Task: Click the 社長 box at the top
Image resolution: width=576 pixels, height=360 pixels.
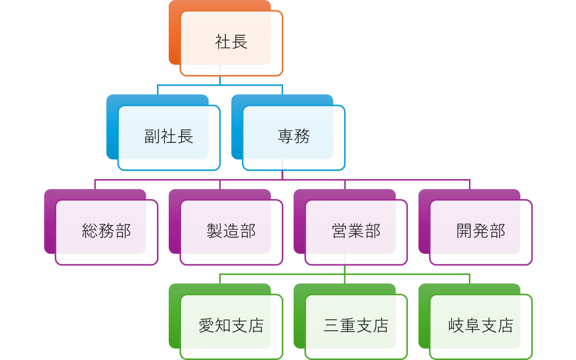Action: pos(231,43)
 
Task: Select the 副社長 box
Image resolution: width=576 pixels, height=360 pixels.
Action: pos(169,137)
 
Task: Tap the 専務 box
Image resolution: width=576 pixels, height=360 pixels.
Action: pos(294,137)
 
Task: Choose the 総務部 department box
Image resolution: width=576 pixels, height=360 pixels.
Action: pos(106,232)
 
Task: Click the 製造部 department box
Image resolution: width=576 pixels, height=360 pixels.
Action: pos(231,232)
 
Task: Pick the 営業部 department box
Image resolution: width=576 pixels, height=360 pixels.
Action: pos(356,232)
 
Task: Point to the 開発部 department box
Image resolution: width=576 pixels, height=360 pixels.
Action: pos(481,232)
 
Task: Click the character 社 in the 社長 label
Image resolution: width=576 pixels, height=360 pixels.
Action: pos(223,42)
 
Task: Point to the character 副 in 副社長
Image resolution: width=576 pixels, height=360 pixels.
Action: pos(152,137)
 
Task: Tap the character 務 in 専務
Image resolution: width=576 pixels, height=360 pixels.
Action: pos(302,137)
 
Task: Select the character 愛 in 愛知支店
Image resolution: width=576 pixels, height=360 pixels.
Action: pos(206,326)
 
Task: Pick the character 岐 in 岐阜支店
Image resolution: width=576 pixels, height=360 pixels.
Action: pos(456,326)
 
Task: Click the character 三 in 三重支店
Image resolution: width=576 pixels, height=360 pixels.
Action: pos(331,326)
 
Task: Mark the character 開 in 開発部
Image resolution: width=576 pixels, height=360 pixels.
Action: pos(465,231)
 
